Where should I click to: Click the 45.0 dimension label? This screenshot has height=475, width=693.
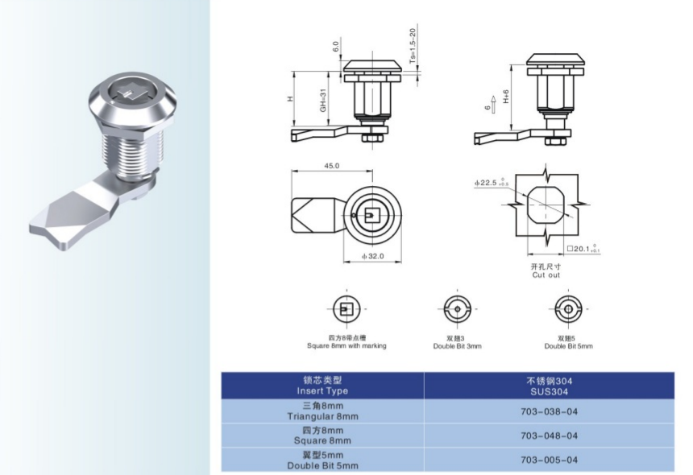pyautogui.click(x=332, y=166)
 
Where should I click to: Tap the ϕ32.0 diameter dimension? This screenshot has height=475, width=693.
pyautogui.click(x=373, y=256)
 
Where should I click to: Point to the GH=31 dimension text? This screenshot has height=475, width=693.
pyautogui.click(x=323, y=100)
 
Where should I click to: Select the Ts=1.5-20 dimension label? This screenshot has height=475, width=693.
pyautogui.click(x=413, y=46)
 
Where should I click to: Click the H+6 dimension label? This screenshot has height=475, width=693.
pyautogui.click(x=506, y=97)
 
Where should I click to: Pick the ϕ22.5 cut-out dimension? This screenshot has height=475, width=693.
pyautogui.click(x=492, y=182)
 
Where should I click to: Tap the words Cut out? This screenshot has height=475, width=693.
pyautogui.click(x=546, y=275)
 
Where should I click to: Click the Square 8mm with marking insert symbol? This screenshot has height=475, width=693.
pyautogui.click(x=346, y=309)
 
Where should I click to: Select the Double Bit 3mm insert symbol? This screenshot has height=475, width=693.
pyautogui.click(x=458, y=309)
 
